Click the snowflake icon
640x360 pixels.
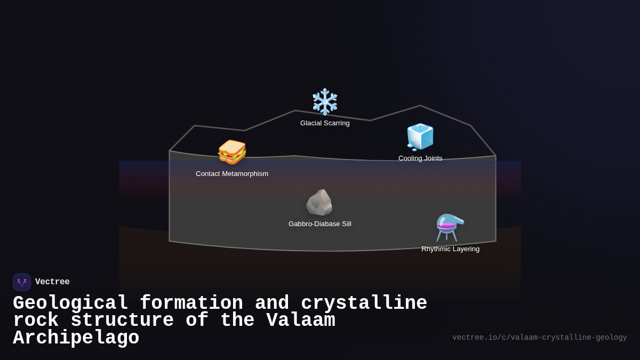(325, 102)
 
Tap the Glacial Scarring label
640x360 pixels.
(325, 123)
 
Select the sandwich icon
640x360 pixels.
(232, 152)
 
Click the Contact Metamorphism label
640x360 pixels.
(232, 174)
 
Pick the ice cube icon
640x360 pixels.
(420, 137)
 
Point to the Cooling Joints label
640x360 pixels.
(420, 158)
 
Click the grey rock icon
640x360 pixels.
(319, 203)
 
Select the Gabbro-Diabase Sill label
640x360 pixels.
(319, 224)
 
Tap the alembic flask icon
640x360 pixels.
(450, 228)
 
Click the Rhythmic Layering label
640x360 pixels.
(450, 249)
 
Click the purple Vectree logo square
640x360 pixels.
(22, 282)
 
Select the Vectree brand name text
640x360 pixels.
(52, 282)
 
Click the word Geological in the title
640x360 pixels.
(70, 303)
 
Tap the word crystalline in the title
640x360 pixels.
(364, 303)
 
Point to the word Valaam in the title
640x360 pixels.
(301, 321)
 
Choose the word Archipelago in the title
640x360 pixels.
(76, 338)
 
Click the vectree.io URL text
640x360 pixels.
(539, 338)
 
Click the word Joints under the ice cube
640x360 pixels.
(432, 158)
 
